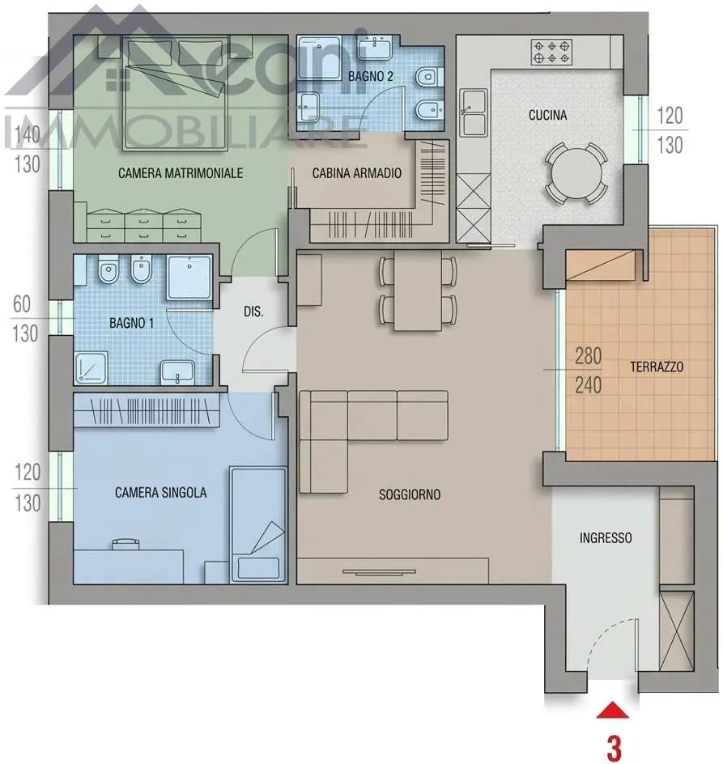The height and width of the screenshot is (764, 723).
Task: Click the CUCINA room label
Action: tap(547, 115)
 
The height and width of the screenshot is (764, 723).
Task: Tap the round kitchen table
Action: tap(576, 174)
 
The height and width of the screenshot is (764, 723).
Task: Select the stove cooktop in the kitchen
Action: tap(551, 52)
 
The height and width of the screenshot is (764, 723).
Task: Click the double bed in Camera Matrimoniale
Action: tap(175, 92)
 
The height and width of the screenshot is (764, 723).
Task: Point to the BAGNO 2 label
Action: tap(371, 77)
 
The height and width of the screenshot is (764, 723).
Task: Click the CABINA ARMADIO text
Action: tap(357, 173)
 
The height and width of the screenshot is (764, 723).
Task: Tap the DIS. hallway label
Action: tap(253, 312)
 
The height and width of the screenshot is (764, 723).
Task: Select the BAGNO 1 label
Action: tap(131, 323)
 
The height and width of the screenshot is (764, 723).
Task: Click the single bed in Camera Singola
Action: tap(258, 524)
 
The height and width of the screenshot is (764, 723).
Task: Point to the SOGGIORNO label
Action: tap(410, 494)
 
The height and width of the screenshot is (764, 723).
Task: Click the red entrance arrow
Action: tap(613, 711)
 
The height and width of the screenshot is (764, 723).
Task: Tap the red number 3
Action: tap(614, 749)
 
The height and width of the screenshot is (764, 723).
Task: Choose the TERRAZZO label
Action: tap(657, 367)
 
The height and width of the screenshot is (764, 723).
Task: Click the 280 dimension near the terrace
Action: tap(588, 356)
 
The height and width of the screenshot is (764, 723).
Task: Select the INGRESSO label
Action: tap(606, 538)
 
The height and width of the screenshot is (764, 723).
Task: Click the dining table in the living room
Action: tap(418, 291)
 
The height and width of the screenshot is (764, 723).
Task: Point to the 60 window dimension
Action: tap(22, 304)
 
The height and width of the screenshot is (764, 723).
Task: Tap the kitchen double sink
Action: tap(474, 112)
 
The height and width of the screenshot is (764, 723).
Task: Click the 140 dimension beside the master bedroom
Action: tap(28, 135)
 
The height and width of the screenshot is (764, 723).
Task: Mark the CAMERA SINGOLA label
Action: tap(161, 493)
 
